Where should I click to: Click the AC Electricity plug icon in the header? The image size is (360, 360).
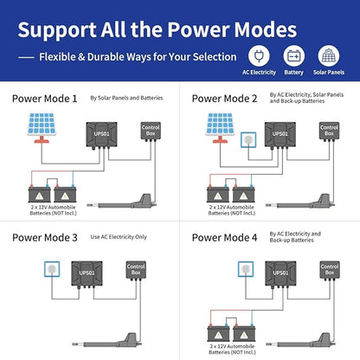point(259,55)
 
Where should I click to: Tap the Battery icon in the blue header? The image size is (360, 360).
point(293,55)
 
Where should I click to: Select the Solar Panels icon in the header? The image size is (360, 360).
point(329,55)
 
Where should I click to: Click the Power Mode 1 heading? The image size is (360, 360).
point(45,99)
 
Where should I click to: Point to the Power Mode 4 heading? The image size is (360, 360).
point(224,238)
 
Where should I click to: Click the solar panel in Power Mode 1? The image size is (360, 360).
point(42,128)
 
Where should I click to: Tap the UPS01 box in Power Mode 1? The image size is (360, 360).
point(101,134)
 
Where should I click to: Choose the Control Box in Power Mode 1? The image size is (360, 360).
point(151,131)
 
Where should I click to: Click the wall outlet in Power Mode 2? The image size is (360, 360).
point(248,140)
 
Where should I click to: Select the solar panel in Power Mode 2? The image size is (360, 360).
point(220,128)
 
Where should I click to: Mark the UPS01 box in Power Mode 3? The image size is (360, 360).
point(87,273)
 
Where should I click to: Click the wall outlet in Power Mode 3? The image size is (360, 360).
point(52,269)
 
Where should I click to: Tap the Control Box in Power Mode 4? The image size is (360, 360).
point(330,270)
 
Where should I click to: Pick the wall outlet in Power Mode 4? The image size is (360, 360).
point(246,269)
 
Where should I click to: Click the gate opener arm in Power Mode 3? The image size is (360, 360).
point(107,341)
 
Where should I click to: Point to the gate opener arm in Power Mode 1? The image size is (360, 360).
point(122,202)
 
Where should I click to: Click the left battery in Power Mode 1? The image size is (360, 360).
point(39,194)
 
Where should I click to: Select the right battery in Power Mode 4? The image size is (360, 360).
point(244,333)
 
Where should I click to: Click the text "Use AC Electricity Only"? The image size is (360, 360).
point(119,237)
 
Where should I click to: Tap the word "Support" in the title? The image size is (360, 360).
point(57,30)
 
